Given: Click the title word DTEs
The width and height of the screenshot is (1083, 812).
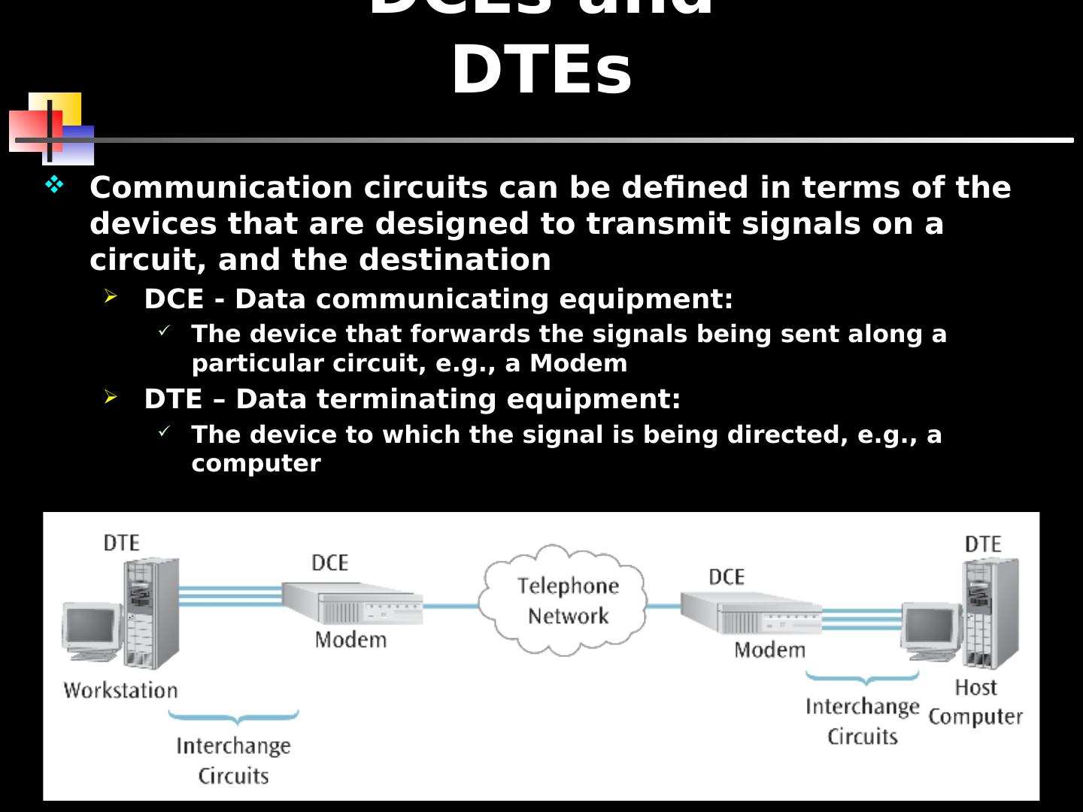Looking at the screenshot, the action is pos(541,71).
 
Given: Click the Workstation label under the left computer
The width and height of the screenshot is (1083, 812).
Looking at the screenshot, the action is pos(120,690).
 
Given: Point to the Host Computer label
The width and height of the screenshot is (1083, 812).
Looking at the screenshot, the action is pos(975,701).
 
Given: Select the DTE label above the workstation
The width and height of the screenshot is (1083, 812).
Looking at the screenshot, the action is pos(121,542).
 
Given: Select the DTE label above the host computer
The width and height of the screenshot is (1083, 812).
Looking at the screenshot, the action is pos(982,544).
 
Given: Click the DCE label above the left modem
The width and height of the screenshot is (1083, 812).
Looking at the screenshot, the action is pos(329,562).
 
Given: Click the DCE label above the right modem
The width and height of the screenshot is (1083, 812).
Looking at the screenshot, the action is pos(726,577).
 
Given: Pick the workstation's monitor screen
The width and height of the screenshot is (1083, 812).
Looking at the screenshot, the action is pos(90,627).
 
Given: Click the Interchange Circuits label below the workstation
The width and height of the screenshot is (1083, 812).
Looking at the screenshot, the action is pos(233,760).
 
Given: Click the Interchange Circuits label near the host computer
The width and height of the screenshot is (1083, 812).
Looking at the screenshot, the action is pos(863,721).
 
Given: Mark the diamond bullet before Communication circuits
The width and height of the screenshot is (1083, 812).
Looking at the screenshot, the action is pos(55,184).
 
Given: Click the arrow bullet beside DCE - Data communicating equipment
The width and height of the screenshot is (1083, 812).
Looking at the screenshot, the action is pos(111,297).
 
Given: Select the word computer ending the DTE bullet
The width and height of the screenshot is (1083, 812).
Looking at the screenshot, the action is pos(256,463).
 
